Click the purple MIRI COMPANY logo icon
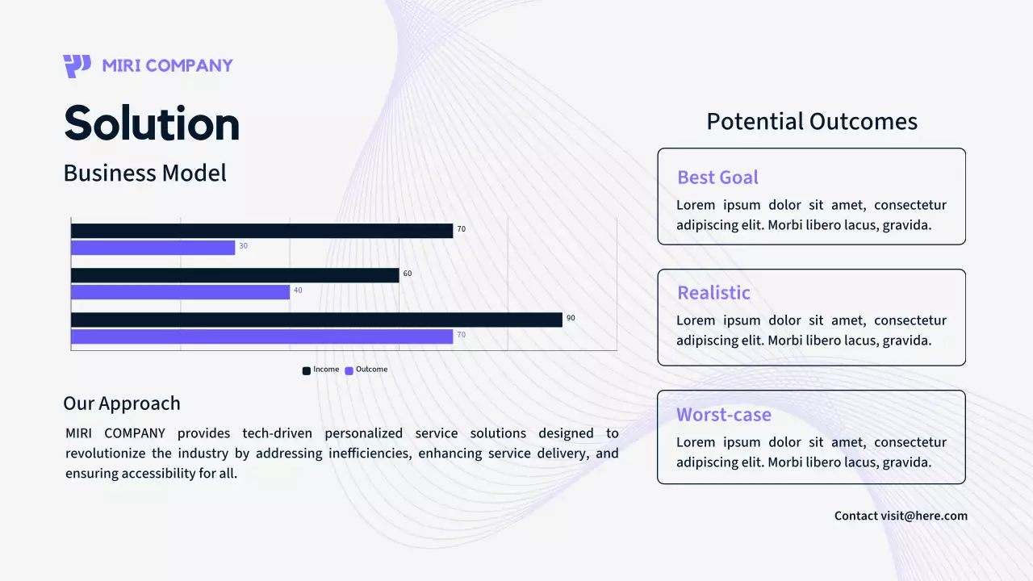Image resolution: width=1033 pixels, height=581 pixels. [77, 66]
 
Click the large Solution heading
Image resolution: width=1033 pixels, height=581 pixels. [152, 123]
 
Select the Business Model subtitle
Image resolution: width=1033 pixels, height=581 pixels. [144, 173]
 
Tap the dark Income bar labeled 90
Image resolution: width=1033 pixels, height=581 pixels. [317, 320]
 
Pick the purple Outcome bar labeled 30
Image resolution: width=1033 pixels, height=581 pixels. [153, 248]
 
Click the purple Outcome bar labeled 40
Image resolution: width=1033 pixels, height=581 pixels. [180, 292]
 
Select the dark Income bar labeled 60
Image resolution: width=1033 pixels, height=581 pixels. [235, 275]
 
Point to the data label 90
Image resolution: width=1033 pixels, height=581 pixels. [571, 318]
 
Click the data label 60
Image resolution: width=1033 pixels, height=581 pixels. [408, 274]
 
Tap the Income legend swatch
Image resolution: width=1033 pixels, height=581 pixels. [306, 370]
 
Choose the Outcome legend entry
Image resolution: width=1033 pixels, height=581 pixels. [366, 370]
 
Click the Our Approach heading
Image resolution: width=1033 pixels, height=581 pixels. [122, 403]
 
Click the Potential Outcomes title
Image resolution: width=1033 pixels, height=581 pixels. [812, 122]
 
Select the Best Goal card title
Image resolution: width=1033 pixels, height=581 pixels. [717, 178]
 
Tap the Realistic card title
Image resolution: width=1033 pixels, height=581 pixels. [713, 293]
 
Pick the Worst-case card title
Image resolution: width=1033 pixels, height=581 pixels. [724, 415]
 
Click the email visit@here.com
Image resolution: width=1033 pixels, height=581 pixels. [924, 516]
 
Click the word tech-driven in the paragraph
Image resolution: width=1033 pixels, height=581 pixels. [277, 433]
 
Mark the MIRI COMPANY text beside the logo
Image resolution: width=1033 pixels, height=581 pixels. [167, 66]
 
